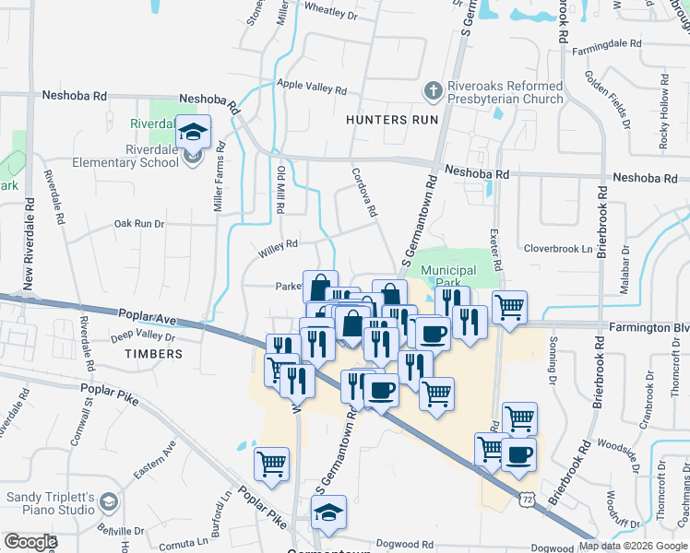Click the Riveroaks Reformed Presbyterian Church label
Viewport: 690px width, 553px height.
click(505, 92)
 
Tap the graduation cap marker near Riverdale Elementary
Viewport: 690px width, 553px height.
click(194, 133)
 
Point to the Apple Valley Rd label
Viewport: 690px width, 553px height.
click(312, 88)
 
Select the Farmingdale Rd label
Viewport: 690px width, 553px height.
click(605, 43)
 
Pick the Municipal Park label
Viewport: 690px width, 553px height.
click(447, 276)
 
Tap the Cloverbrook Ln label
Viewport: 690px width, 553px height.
click(557, 249)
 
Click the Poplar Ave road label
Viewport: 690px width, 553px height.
click(148, 316)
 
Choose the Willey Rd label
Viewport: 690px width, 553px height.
click(279, 244)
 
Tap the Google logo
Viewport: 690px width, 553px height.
click(30, 542)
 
